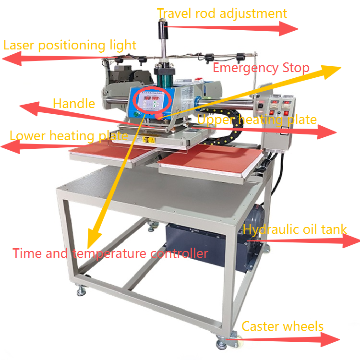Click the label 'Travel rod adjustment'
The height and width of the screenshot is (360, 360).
[222, 13]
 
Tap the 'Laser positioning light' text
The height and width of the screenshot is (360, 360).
[70, 46]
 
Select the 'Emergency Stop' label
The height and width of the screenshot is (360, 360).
[261, 68]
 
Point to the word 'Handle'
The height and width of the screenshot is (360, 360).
[74, 103]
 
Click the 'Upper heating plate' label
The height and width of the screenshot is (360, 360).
[257, 119]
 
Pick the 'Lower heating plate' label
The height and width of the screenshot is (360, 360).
[69, 136]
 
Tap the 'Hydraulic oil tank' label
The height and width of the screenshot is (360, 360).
[295, 229]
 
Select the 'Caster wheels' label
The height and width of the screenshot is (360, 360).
[282, 327]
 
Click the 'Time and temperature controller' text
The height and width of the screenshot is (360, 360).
[110, 253]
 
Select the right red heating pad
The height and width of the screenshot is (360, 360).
[211, 160]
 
